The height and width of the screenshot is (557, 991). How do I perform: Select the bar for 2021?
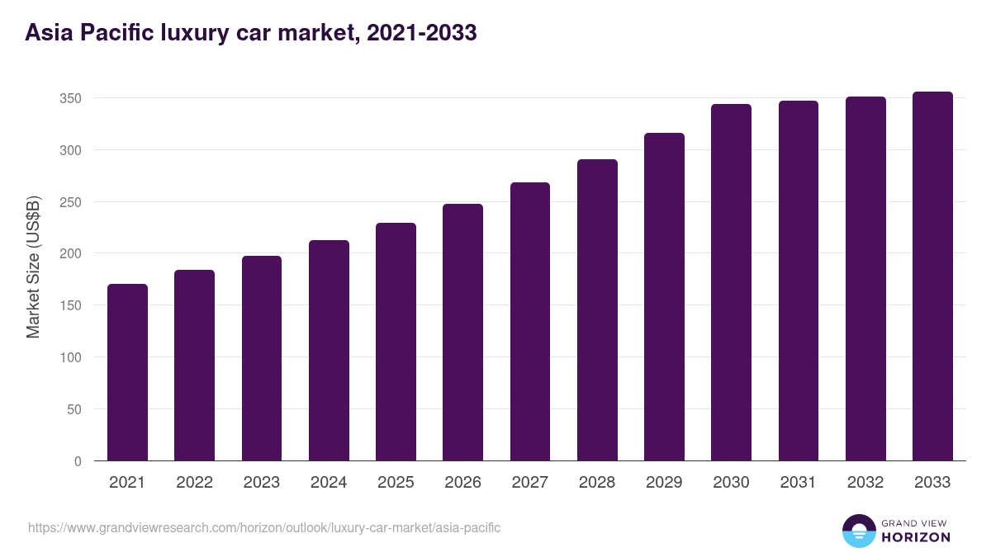(127, 372)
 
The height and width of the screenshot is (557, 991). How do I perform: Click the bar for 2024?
(329, 351)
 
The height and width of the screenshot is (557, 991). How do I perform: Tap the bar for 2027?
(530, 322)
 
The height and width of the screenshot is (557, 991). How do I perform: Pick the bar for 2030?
(731, 282)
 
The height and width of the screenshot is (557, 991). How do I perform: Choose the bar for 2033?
(932, 276)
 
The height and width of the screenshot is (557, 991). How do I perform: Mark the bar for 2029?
(664, 297)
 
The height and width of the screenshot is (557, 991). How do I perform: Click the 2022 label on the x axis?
(194, 483)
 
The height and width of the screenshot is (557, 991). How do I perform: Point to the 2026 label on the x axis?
(462, 483)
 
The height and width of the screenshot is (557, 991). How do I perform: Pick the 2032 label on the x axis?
(865, 483)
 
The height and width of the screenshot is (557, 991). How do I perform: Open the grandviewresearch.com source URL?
(264, 527)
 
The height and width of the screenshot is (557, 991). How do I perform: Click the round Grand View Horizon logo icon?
(859, 531)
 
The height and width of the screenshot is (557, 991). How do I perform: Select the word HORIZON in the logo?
(916, 537)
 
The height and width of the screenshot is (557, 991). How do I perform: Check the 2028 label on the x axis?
(597, 483)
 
